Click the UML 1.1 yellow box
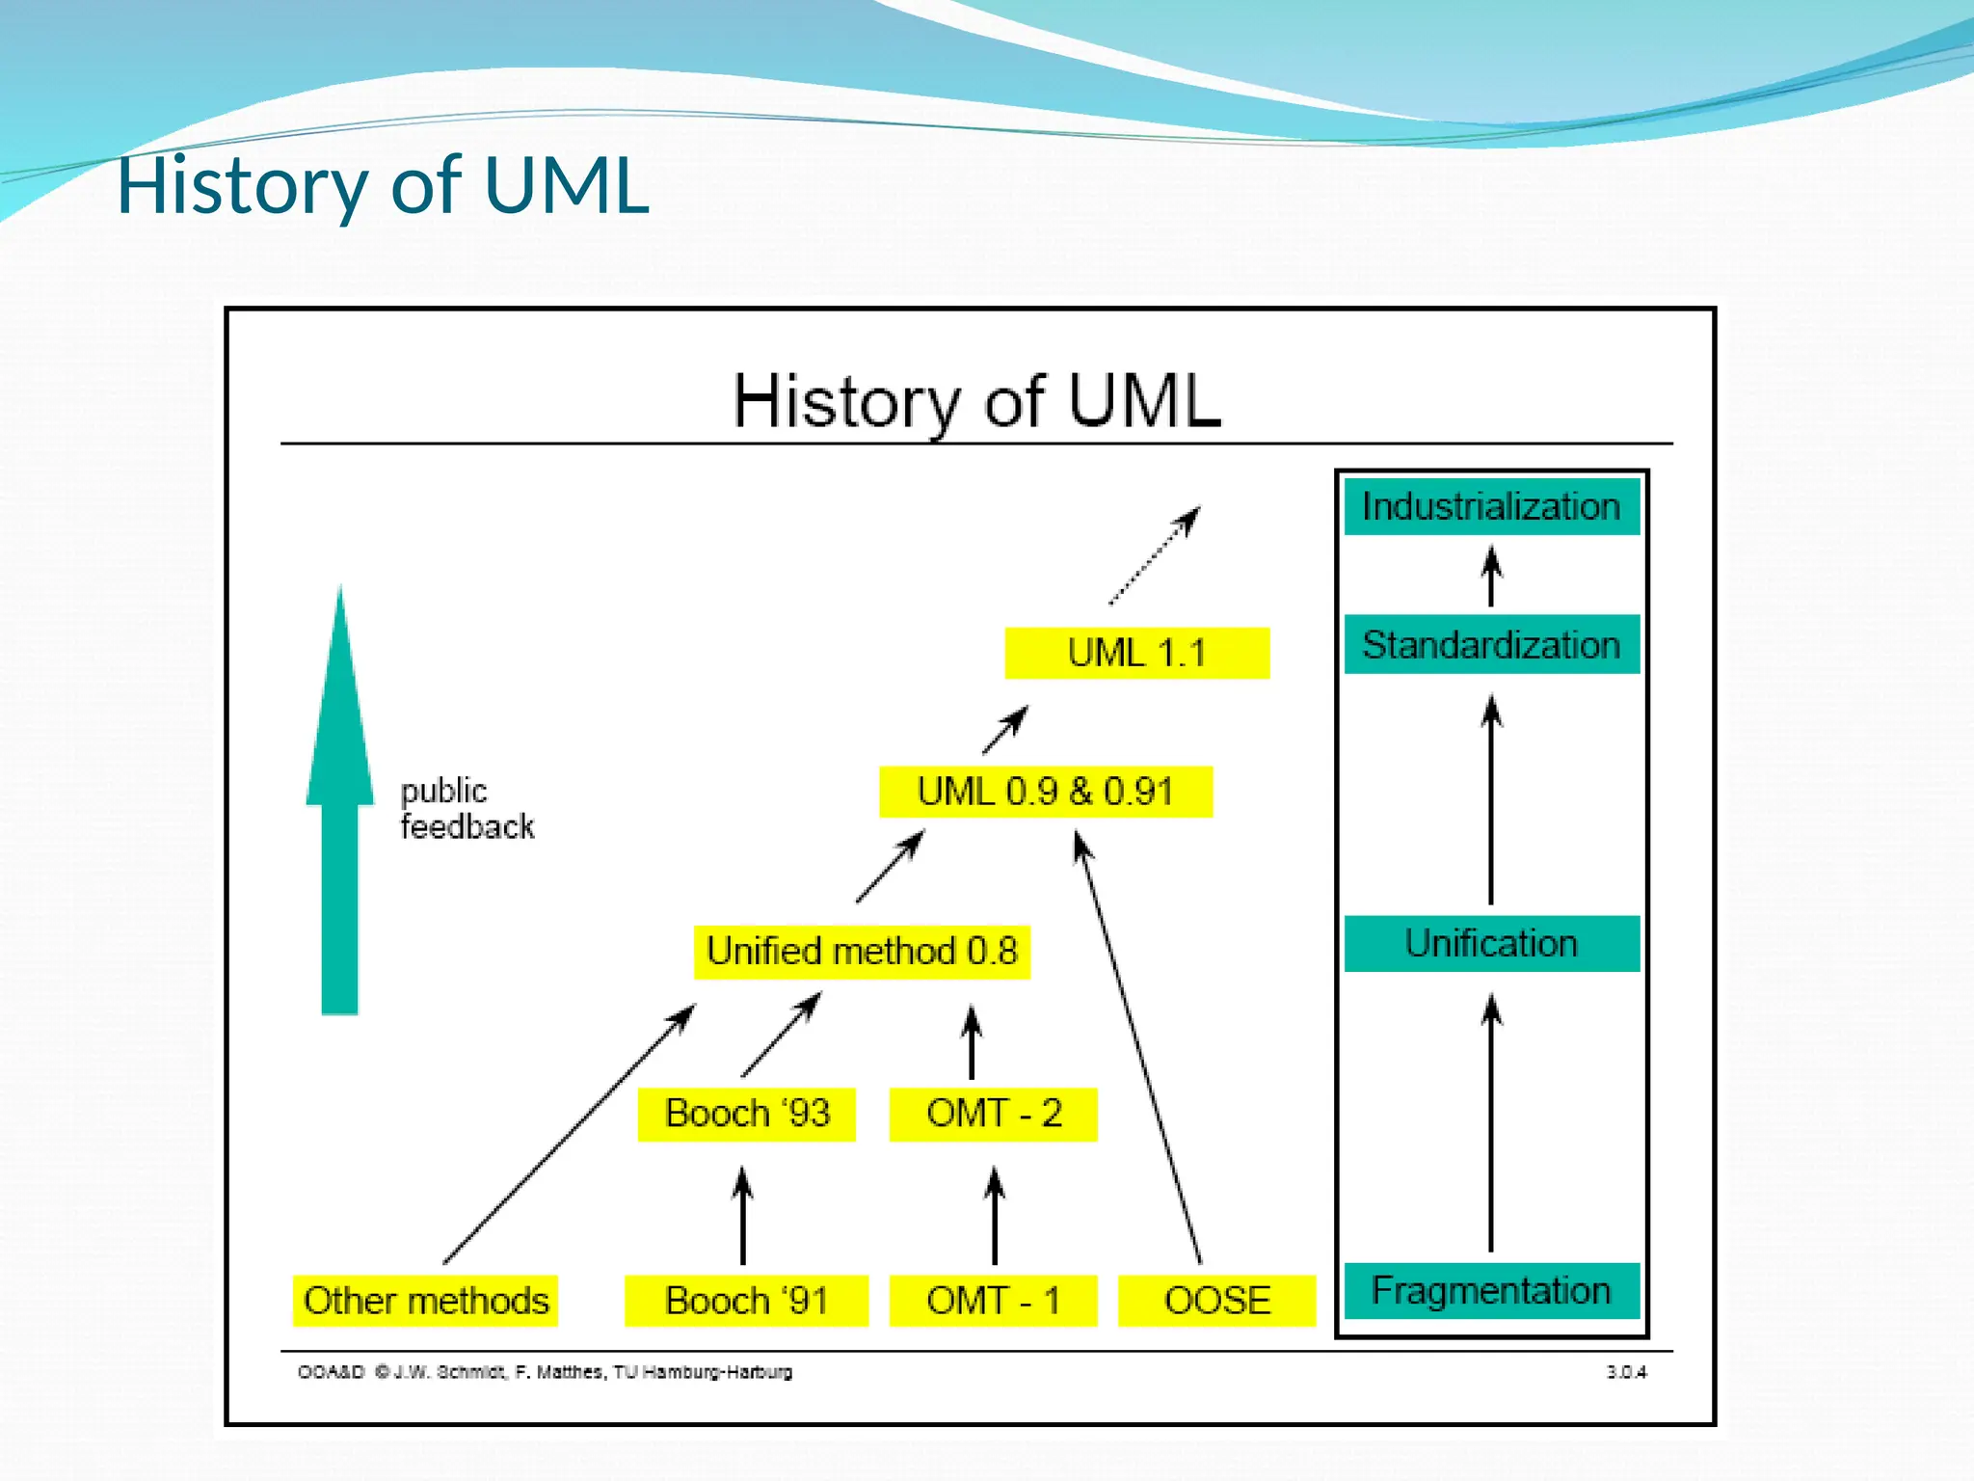(x=1136, y=653)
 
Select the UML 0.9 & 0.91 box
(x=1045, y=792)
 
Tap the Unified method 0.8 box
(x=862, y=952)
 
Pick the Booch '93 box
(x=746, y=1114)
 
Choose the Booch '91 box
(x=746, y=1301)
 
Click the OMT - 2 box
(x=993, y=1114)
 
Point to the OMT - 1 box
(x=993, y=1301)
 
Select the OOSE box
(x=1216, y=1301)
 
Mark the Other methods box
(x=425, y=1301)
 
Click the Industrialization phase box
(x=1491, y=506)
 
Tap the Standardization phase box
(x=1491, y=644)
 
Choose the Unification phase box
(x=1491, y=943)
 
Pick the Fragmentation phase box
(x=1491, y=1290)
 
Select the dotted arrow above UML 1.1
(x=1154, y=556)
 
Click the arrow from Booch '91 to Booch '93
(x=742, y=1217)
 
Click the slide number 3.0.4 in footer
(x=1626, y=1372)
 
